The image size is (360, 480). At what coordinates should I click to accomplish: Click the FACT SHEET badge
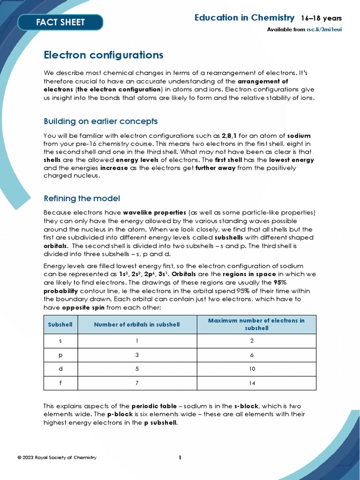pyautogui.click(x=60, y=22)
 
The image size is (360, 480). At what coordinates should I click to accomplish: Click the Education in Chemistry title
pyautogui.click(x=244, y=18)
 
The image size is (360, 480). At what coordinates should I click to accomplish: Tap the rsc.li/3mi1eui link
pyautogui.click(x=324, y=30)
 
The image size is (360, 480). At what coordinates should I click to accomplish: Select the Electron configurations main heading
pyautogui.click(x=103, y=55)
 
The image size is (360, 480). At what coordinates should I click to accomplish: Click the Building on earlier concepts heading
pyautogui.click(x=100, y=121)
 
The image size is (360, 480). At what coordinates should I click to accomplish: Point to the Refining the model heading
pyautogui.click(x=82, y=198)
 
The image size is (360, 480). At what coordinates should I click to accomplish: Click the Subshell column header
pyautogui.click(x=60, y=324)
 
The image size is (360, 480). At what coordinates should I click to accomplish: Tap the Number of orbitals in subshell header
pyautogui.click(x=137, y=324)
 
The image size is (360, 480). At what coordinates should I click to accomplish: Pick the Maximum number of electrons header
pyautogui.click(x=256, y=324)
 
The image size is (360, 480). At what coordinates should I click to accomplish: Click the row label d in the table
pyautogui.click(x=60, y=369)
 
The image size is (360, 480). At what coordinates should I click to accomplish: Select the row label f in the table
pyautogui.click(x=60, y=383)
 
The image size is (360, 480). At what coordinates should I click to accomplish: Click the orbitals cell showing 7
pyautogui.click(x=137, y=383)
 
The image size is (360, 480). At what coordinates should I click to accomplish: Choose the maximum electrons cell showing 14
pyautogui.click(x=252, y=383)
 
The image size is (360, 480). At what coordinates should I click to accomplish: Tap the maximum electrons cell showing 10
pyautogui.click(x=252, y=369)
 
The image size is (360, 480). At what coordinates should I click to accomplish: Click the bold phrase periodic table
pyautogui.click(x=154, y=406)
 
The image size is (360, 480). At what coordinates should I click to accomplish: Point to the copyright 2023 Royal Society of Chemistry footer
pyautogui.click(x=57, y=457)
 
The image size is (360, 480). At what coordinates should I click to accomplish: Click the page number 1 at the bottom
pyautogui.click(x=180, y=457)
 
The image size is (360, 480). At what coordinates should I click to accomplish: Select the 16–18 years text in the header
pyautogui.click(x=321, y=18)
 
